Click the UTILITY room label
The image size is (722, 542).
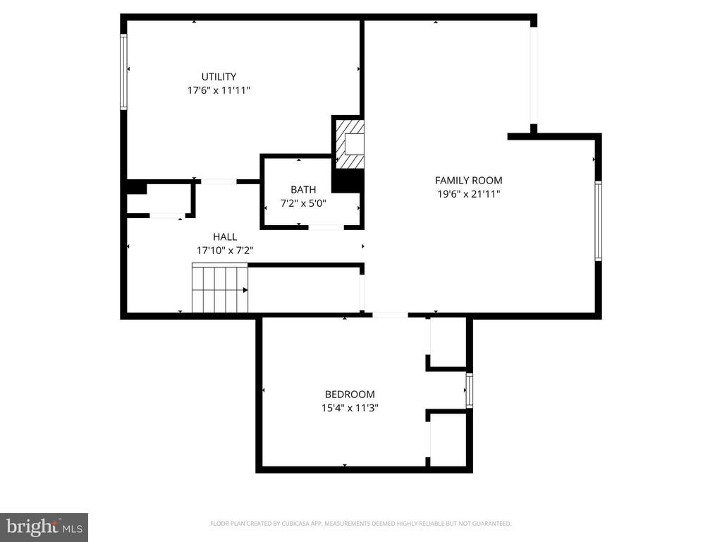[219, 76]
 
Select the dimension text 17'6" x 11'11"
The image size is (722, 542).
[219, 90]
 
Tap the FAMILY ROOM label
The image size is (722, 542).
[469, 180]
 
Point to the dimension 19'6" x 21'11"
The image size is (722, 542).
[469, 194]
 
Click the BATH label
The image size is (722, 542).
[303, 189]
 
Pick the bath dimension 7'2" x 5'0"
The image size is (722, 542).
[303, 203]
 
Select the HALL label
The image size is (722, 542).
[225, 237]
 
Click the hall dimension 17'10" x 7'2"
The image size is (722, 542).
[225, 251]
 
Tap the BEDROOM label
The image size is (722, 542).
[350, 394]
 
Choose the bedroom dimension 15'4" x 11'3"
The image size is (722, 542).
[350, 408]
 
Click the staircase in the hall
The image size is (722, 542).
[220, 288]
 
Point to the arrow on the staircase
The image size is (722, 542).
[245, 290]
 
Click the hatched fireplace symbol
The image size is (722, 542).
[349, 144]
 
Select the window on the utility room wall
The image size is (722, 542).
[123, 73]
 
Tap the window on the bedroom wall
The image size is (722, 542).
[469, 390]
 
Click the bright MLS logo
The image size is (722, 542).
[44, 526]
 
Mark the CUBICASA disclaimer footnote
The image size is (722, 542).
[360, 524]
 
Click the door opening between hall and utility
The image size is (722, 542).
[219, 181]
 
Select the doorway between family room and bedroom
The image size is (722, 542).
[390, 315]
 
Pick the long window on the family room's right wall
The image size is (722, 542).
[598, 221]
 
